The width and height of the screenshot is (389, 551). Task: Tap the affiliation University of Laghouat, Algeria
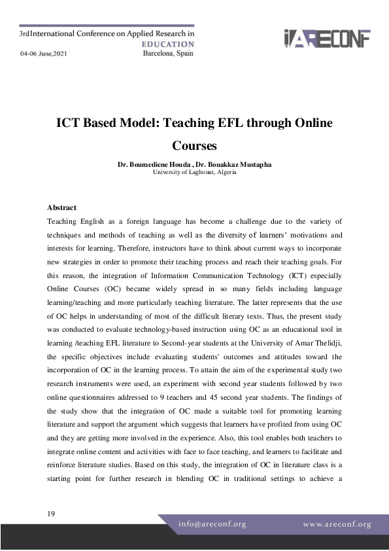194,172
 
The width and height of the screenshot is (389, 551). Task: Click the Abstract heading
61,207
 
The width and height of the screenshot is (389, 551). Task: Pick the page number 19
51,514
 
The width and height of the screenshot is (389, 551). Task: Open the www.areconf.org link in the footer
337,524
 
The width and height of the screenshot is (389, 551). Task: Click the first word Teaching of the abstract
64,222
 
